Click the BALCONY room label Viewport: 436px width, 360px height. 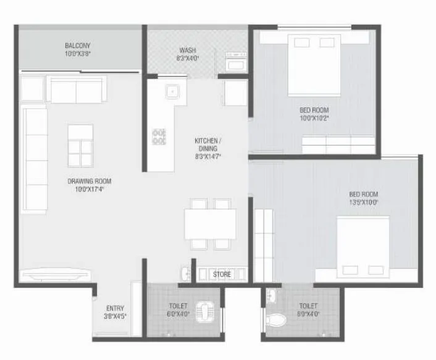click(x=78, y=45)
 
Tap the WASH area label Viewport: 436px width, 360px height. click(x=188, y=50)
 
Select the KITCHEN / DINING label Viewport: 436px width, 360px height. click(x=208, y=144)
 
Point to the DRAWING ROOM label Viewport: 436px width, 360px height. click(x=90, y=181)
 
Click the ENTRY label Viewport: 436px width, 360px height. click(x=115, y=308)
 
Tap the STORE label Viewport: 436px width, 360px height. click(x=222, y=274)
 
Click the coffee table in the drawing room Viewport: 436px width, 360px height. click(x=80, y=146)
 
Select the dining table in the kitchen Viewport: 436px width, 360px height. click(x=210, y=224)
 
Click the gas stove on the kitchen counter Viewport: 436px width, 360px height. click(x=159, y=136)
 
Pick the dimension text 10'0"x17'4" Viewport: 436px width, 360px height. click(x=89, y=189)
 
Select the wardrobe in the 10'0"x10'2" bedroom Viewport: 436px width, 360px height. click(x=338, y=144)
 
